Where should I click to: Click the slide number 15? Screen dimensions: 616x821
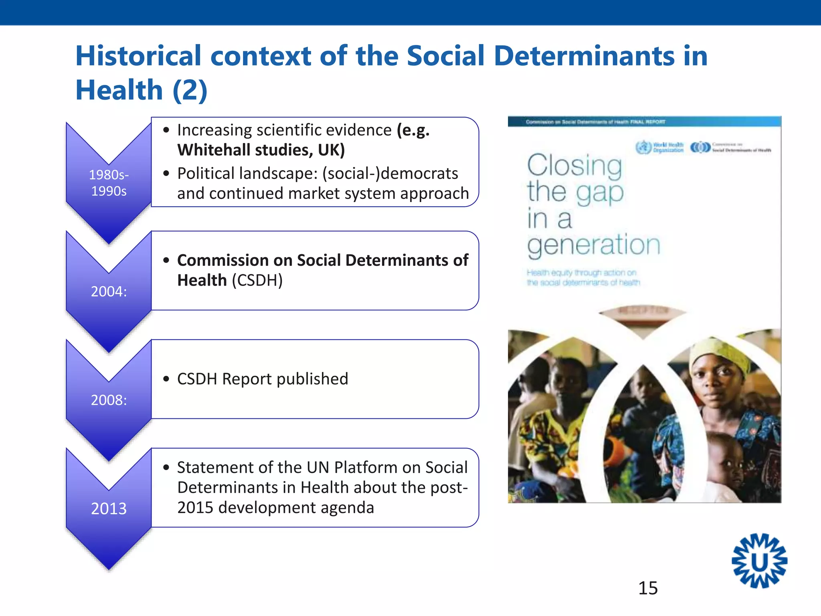pos(648,588)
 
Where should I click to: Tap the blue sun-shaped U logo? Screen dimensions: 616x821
pos(759,561)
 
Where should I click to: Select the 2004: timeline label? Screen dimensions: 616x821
pos(109,292)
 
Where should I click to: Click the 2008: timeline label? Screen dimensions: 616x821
pos(109,400)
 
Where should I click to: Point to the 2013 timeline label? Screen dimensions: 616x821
pos(109,509)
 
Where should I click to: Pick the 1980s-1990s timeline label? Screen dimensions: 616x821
pos(109,183)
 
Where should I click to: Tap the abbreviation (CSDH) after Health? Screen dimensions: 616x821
pos(257,280)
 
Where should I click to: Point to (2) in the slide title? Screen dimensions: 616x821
pos(190,90)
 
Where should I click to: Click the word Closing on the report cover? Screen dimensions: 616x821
pos(574,165)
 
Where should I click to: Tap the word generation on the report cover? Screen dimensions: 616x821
pos(593,245)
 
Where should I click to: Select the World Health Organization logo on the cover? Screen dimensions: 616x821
pos(660,147)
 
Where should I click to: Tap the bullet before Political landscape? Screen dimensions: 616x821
pos(166,174)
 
